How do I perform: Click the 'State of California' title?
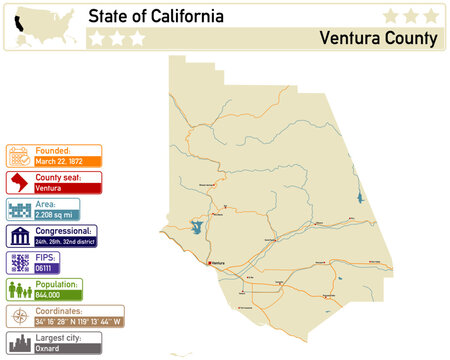point(155,17)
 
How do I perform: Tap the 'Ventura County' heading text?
point(378,39)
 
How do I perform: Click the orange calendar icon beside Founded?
point(20,155)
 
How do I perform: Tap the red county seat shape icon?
point(20,182)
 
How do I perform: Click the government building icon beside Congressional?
point(20,236)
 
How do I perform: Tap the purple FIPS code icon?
point(20,263)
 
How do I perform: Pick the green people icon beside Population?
point(20,290)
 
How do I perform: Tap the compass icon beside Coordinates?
point(20,317)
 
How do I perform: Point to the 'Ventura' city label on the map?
point(219,264)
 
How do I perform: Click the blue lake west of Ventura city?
point(196,228)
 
